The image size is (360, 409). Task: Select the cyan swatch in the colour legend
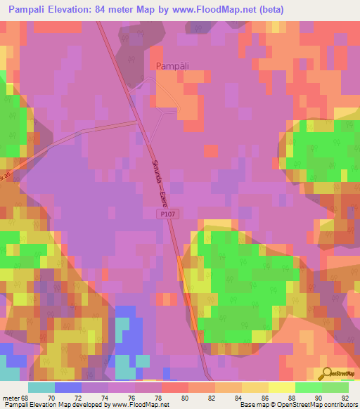[41, 387]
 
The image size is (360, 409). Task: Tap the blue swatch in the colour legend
[68, 387]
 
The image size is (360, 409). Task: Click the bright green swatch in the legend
[309, 387]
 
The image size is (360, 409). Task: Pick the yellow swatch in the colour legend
[282, 387]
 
